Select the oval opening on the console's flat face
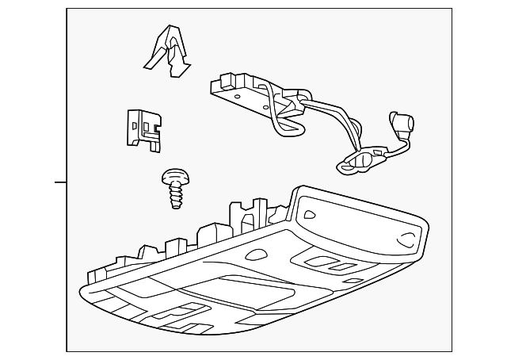(x=258, y=255)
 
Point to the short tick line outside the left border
(x=60, y=182)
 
